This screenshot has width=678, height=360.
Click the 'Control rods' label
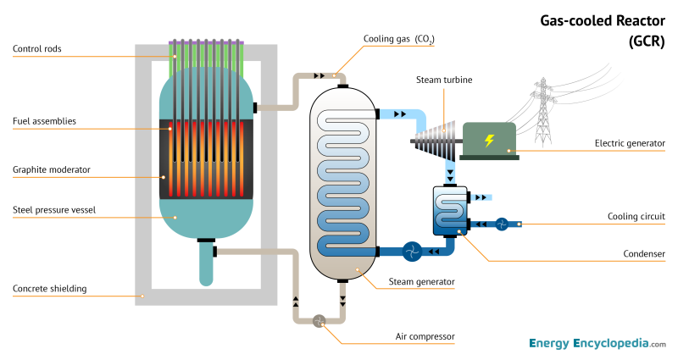pyautogui.click(x=36, y=49)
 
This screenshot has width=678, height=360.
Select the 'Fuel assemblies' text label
pyautogui.click(x=44, y=121)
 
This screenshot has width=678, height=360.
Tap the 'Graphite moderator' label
pyautogui.click(x=51, y=169)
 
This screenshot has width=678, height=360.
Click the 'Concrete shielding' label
pyautogui.click(x=49, y=289)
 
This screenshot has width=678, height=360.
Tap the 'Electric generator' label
pyautogui.click(x=630, y=143)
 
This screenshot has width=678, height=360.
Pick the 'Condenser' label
pyautogui.click(x=645, y=253)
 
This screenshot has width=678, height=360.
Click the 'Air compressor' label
pyautogui.click(x=425, y=336)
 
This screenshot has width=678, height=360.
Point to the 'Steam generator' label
pyautogui.click(x=422, y=281)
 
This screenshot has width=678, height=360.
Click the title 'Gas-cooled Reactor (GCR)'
pyautogui.click(x=603, y=30)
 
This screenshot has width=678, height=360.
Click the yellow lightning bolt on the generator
pyautogui.click(x=488, y=141)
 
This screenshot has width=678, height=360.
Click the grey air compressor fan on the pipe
pyautogui.click(x=320, y=320)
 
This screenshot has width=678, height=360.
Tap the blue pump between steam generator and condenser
pyautogui.click(x=412, y=251)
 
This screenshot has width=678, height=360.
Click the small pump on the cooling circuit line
pyautogui.click(x=502, y=224)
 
